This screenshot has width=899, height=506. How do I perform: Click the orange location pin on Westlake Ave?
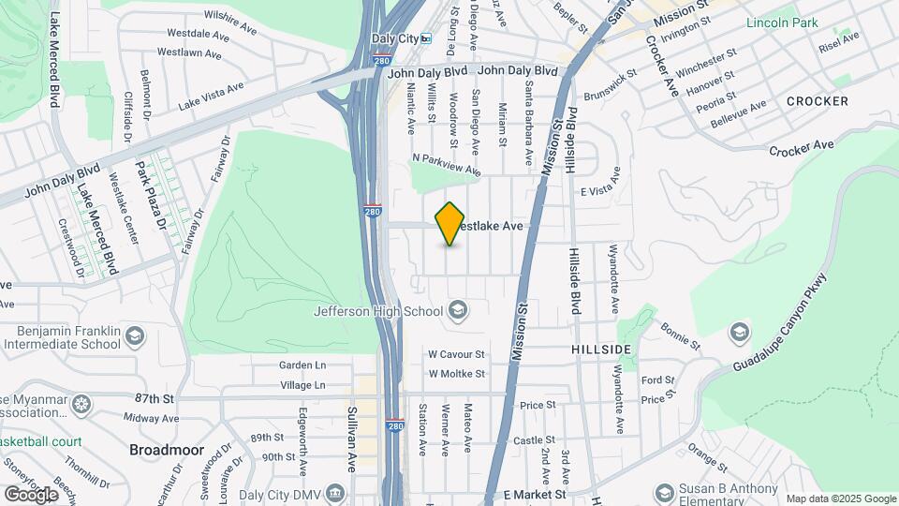pos(450,224)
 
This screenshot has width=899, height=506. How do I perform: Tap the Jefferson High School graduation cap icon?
pos(458,309)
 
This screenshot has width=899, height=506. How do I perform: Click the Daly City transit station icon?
pos(426,38)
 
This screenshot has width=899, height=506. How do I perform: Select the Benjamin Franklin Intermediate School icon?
pos(135,335)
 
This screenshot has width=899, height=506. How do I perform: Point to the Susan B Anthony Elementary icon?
pos(665,493)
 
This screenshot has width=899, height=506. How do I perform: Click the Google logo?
pos(30,494)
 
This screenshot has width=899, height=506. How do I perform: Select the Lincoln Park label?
pos(781,22)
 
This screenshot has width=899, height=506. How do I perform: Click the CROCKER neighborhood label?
pos(817,100)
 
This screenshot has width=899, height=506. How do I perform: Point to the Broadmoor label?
pos(166,450)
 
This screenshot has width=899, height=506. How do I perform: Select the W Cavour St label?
pos(456,355)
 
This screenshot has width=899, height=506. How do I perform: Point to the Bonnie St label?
pos(680,336)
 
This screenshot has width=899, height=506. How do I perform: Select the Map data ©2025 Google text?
pos(841,499)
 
